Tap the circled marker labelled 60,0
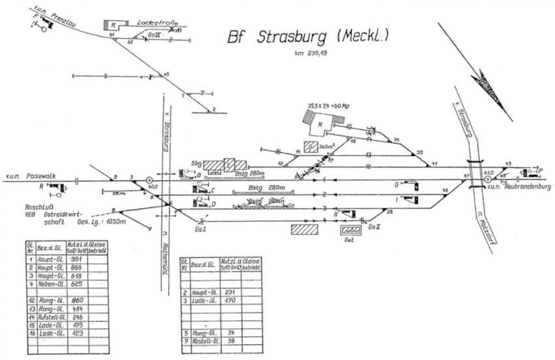click(x=149, y=180)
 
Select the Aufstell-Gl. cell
click(x=52, y=317)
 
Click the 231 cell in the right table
click(x=230, y=293)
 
